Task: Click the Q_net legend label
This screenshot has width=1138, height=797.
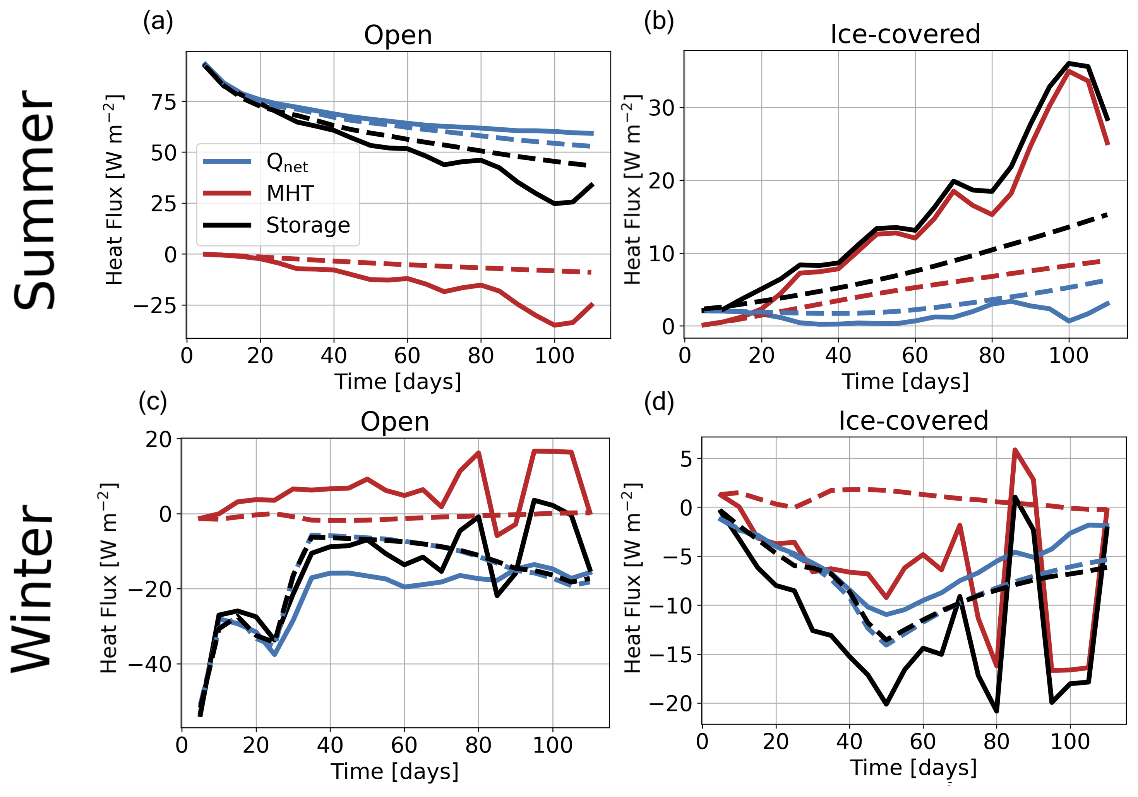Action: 287,163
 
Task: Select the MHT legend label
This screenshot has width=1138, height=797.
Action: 290,193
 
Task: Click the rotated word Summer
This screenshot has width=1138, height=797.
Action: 34,200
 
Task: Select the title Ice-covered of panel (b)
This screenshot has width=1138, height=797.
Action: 905,34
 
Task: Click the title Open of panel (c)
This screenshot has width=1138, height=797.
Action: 394,422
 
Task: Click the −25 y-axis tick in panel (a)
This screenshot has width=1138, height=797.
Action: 155,306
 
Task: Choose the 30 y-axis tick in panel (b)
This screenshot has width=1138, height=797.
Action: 661,108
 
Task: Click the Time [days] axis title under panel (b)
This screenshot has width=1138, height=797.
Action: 905,382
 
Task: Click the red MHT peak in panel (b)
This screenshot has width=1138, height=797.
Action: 1069,71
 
